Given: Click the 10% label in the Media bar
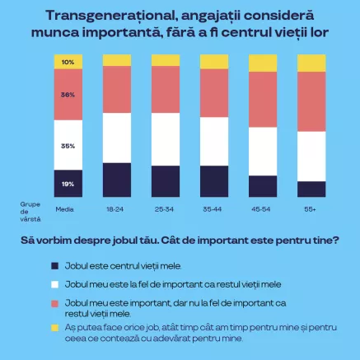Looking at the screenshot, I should pyautogui.click(x=68, y=63).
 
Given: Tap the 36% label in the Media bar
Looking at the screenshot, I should pyautogui.click(x=68, y=95).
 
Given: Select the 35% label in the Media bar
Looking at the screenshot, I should pyautogui.click(x=68, y=146).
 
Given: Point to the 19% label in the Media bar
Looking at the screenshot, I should pyautogui.click(x=68, y=184).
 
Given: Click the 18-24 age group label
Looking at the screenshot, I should pyautogui.click(x=116, y=210).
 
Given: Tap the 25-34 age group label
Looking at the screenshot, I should pyautogui.click(x=165, y=210).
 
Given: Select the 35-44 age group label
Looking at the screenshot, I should pyautogui.click(x=213, y=210).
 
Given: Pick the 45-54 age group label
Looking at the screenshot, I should pyautogui.click(x=262, y=210).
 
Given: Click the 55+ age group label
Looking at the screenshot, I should pyautogui.click(x=311, y=210).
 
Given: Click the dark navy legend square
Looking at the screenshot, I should pyautogui.click(x=54, y=266).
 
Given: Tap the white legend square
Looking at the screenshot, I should pyautogui.click(x=54, y=283).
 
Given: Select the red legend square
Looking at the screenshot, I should pyautogui.click(x=54, y=303).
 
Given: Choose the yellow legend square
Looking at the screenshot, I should pyautogui.click(x=54, y=327).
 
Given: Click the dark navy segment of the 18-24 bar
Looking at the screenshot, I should pyautogui.click(x=117, y=180).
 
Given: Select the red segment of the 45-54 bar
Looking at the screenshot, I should pyautogui.click(x=263, y=99).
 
